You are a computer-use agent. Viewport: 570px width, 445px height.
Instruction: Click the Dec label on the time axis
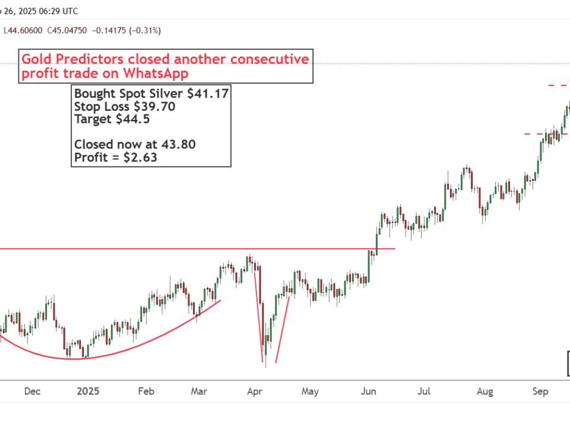pyautogui.click(x=32, y=392)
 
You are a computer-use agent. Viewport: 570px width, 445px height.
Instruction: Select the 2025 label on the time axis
pyautogui.click(x=88, y=392)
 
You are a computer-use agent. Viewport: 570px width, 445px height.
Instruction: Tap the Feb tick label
pyautogui.click(x=146, y=392)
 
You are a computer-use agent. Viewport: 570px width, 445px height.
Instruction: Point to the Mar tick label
pyautogui.click(x=199, y=392)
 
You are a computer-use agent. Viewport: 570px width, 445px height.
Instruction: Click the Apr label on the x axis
pyautogui.click(x=255, y=392)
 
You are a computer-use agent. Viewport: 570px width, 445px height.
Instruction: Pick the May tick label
pyautogui.click(x=310, y=392)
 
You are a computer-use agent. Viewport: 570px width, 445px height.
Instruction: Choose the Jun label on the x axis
pyautogui.click(x=369, y=392)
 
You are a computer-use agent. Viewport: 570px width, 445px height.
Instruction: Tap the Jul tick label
pyautogui.click(x=424, y=392)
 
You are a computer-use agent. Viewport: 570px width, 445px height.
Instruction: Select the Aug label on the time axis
pyautogui.click(x=485, y=392)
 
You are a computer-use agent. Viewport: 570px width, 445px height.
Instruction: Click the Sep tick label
pyautogui.click(x=540, y=392)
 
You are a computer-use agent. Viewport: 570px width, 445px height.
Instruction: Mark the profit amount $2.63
pyautogui.click(x=138, y=157)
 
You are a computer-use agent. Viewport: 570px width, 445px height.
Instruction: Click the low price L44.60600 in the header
pyautogui.click(x=24, y=30)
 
